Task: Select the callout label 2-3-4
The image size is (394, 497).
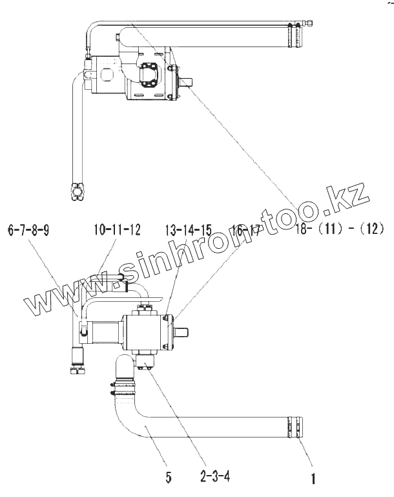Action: (214, 478)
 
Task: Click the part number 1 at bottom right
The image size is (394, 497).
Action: (313, 480)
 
